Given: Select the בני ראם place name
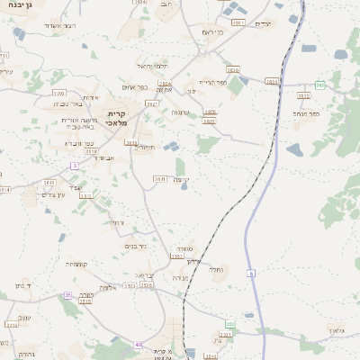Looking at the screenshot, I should tap(209, 33).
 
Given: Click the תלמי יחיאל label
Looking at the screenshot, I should tap(152, 67).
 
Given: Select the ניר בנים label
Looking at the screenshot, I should tap(136, 246).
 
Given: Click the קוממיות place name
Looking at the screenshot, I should tap(76, 264).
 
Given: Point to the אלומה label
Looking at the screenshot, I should tap(107, 287).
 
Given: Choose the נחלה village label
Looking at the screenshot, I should tap(215, 269).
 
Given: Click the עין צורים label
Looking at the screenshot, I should tap(55, 194).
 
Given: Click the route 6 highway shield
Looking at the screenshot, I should tap(253, 273).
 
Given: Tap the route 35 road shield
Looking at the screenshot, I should tap(67, 295).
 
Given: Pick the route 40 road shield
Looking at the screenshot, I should tap(138, 344).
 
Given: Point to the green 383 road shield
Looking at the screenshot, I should tap(319, 85).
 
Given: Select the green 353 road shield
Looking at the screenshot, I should tap(229, 324).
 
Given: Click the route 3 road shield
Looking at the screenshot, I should tap(74, 166).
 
